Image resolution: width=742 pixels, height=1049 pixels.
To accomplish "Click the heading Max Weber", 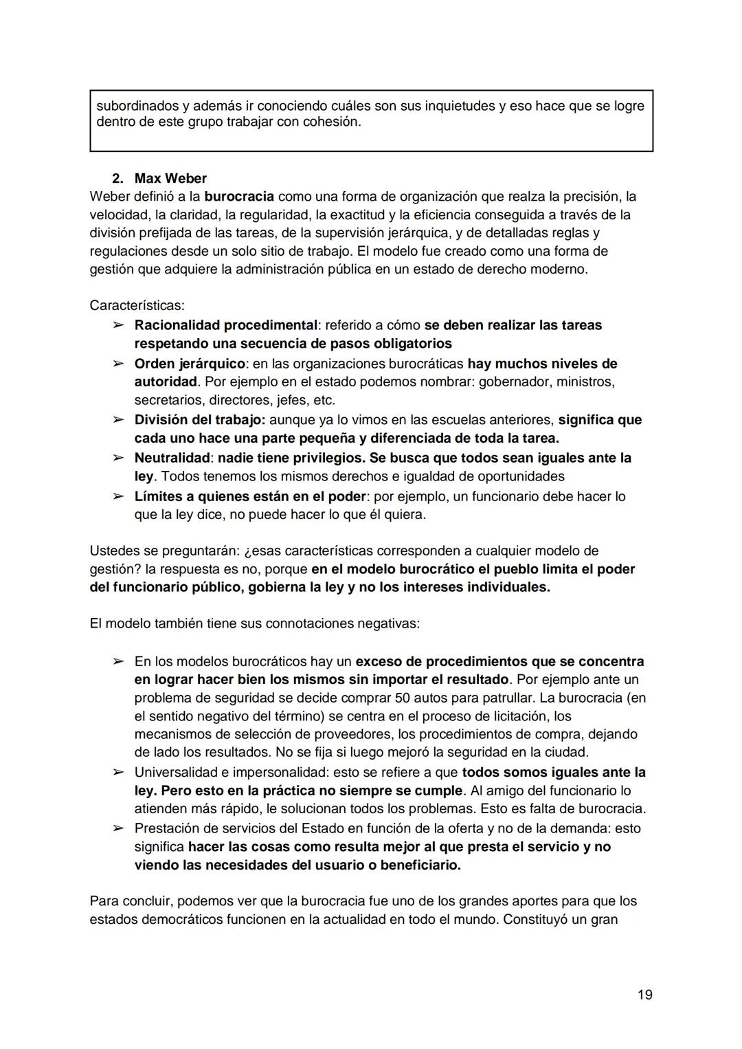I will click(x=170, y=179).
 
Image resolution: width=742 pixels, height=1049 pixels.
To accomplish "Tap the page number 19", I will click(x=644, y=995).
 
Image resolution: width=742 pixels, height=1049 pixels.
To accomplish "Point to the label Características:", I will click(x=137, y=305).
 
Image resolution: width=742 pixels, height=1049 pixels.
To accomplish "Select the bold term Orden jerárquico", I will click(x=189, y=363).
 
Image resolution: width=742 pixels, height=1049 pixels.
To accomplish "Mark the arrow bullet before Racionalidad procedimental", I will click(x=117, y=324).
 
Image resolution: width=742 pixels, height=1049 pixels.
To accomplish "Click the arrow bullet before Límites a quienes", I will click(x=117, y=496).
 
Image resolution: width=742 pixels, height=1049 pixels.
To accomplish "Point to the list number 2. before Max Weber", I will click(x=117, y=179).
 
